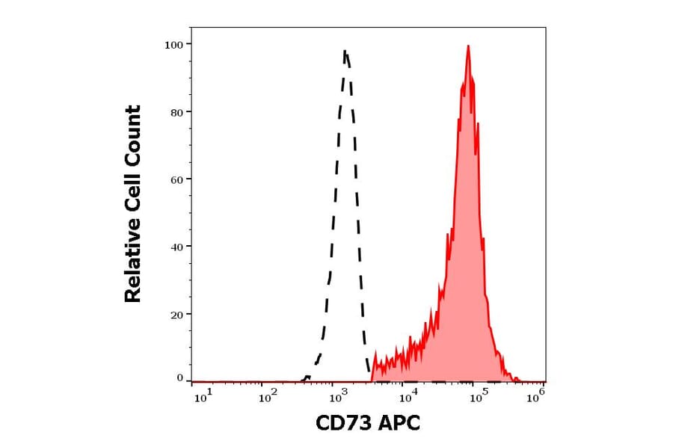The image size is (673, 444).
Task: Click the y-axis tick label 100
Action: point(173,45)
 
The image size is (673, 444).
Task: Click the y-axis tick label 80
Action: point(176,112)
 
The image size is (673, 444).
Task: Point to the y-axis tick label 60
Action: point(176,179)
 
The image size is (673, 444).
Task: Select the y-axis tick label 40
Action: point(176,247)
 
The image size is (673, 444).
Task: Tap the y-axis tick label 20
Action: point(176,315)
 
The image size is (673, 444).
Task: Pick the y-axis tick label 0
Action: point(179,378)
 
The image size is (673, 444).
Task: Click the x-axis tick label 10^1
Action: point(204,398)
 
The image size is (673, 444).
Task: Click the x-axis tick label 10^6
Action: point(535,398)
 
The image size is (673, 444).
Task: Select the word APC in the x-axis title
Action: point(400,424)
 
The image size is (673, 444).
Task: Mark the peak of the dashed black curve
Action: point(345,51)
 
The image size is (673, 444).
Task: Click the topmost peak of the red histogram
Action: point(468,46)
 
